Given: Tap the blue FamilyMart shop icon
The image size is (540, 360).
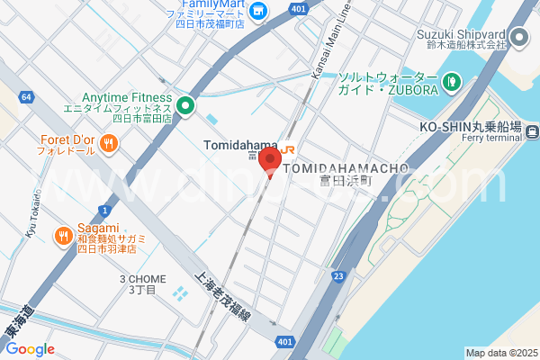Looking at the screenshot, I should [258, 11].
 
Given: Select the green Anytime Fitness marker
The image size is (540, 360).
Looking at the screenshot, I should [185, 106].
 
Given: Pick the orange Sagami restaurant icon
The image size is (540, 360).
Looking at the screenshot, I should [63, 236].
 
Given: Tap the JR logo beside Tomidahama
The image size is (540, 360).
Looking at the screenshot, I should [288, 148].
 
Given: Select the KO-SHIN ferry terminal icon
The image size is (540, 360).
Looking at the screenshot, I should [533, 133].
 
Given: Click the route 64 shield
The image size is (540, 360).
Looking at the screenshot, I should [27, 96].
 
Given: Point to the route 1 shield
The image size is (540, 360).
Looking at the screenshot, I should [104, 209].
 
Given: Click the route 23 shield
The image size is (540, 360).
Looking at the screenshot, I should [338, 276].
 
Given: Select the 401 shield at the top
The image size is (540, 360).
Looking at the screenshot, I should [298, 9].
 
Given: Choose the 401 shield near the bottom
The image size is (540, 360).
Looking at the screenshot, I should [284, 341].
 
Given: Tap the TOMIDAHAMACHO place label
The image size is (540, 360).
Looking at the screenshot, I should [346, 168].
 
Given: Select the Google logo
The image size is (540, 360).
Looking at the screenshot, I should [30, 349].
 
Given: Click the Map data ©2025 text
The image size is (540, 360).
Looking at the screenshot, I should [500, 353].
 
